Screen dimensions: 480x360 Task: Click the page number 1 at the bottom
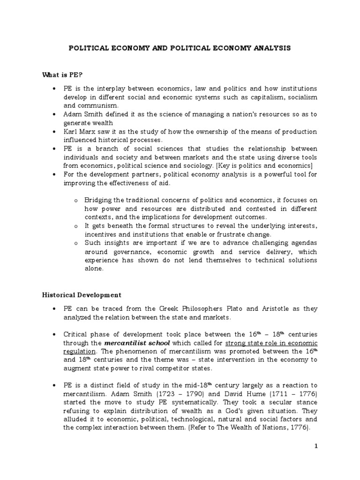point(316,446)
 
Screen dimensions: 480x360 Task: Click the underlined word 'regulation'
point(80,351)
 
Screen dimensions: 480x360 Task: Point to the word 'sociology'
point(200,165)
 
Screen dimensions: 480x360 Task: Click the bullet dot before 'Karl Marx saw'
point(67,132)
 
